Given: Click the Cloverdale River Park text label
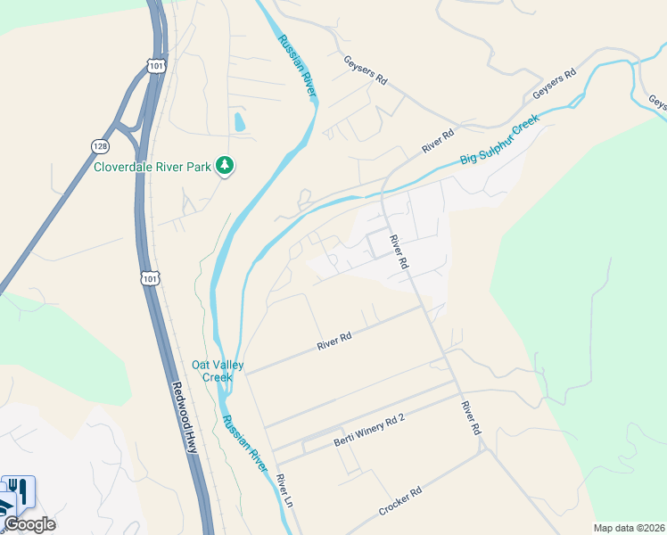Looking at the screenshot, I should click(153, 165).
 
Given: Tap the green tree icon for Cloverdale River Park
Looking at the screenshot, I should click(226, 165).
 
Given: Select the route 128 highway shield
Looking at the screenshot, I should click(101, 144).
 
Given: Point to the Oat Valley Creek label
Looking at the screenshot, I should click(212, 371).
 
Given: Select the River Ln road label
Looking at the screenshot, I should click(284, 491).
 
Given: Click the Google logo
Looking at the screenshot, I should click(29, 524).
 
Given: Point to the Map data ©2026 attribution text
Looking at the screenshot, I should click(629, 528).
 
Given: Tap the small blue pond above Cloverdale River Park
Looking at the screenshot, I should click(238, 122).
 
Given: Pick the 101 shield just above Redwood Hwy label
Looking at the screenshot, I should click(150, 277).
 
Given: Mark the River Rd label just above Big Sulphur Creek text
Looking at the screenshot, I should click(438, 139).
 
